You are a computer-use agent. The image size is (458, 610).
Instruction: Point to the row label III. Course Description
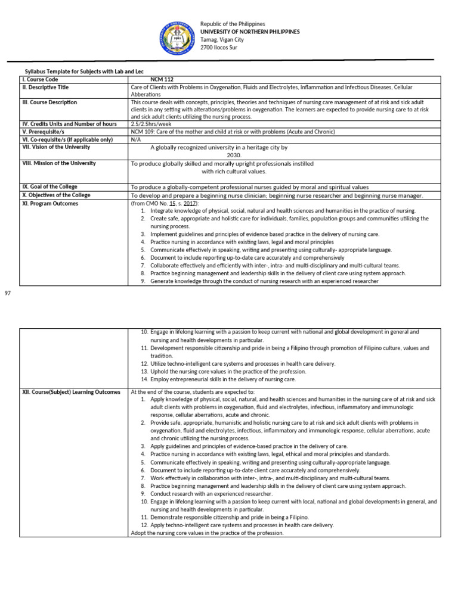[49, 102]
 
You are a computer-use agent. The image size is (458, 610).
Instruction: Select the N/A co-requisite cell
[135, 139]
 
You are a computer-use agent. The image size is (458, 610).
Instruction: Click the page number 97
[8, 293]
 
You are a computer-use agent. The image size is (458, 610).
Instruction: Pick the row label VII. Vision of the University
[55, 147]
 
